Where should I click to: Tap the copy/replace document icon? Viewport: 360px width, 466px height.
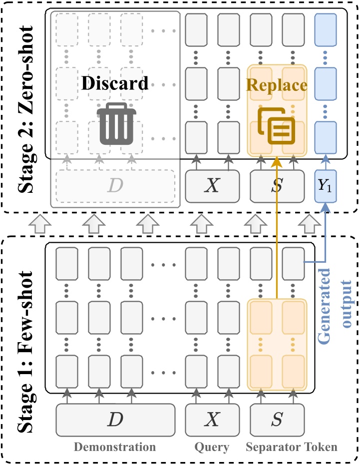pos(276,125)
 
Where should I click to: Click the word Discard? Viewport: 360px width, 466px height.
pos(115,83)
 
